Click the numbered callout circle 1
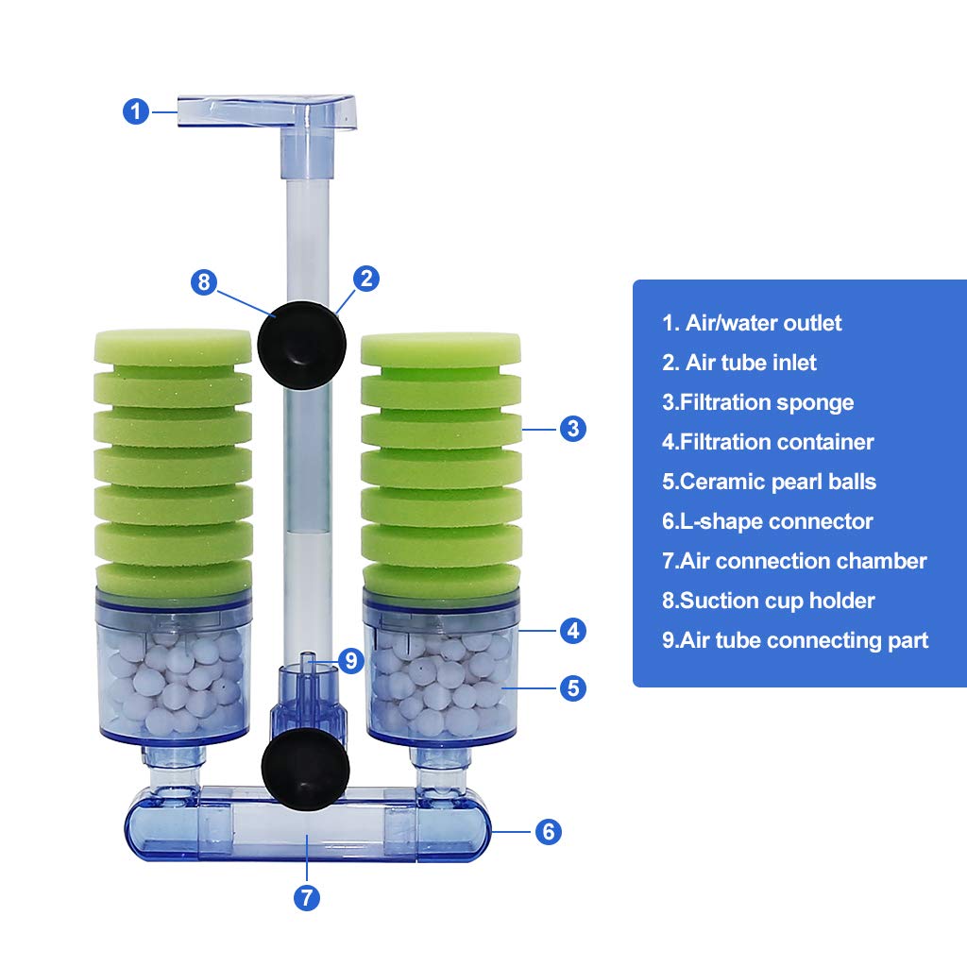coord(136,111)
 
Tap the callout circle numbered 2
coord(366,279)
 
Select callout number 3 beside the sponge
coord(573,428)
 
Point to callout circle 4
coord(573,630)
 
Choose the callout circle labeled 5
coord(573,687)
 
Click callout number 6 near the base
coord(549,831)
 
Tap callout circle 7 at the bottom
coord(307,897)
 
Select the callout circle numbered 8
coord(204,282)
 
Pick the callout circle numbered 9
coord(351,661)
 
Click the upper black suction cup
coord(301,345)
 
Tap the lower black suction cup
coord(305,769)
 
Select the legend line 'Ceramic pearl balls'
coord(769,482)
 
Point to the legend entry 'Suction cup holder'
coord(769,601)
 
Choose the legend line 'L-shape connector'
coord(767,521)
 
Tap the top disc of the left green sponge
coord(173,347)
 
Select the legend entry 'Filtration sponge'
coord(758,402)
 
